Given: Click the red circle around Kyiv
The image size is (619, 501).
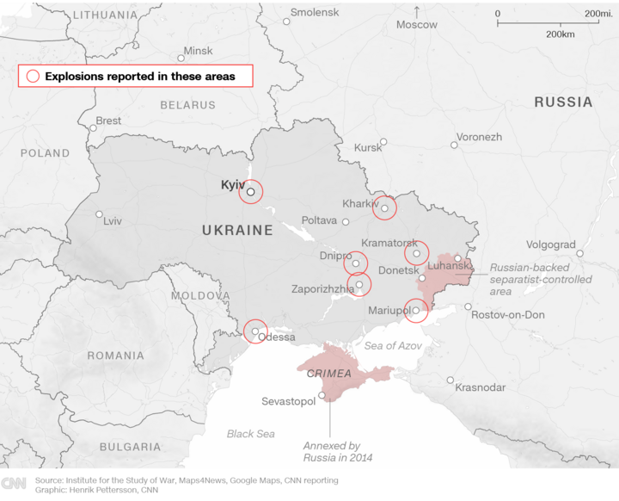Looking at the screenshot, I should tap(250, 192).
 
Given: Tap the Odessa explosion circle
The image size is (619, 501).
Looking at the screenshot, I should tap(255, 331).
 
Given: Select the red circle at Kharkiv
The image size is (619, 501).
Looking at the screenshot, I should tap(385, 207).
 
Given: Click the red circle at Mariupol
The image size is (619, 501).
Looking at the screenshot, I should tap(416, 311).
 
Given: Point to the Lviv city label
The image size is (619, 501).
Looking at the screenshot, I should tap(113, 221).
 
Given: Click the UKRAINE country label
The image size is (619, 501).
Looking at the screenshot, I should tap(237, 231).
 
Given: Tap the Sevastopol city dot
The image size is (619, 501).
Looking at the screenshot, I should tap(322, 396).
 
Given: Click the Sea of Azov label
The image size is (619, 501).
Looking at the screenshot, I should tap(393, 345).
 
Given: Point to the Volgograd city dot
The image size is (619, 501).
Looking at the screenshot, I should tap(579, 254).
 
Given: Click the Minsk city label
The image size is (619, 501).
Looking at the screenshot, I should tap(198, 51).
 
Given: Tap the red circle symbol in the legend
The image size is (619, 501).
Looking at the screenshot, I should tap(33, 76).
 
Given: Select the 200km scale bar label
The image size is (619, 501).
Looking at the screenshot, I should tap(560, 34).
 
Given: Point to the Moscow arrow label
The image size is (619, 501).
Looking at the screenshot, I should tap(417, 25).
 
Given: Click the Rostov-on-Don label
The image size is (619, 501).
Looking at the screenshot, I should tap(508, 315).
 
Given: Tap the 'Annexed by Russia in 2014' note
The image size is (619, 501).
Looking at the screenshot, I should tap(331, 451).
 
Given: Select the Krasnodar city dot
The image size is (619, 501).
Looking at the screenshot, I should tap(450, 380).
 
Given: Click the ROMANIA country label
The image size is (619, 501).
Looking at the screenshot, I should tap(115, 356).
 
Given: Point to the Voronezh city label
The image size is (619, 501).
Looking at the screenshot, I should tap(479, 137).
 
